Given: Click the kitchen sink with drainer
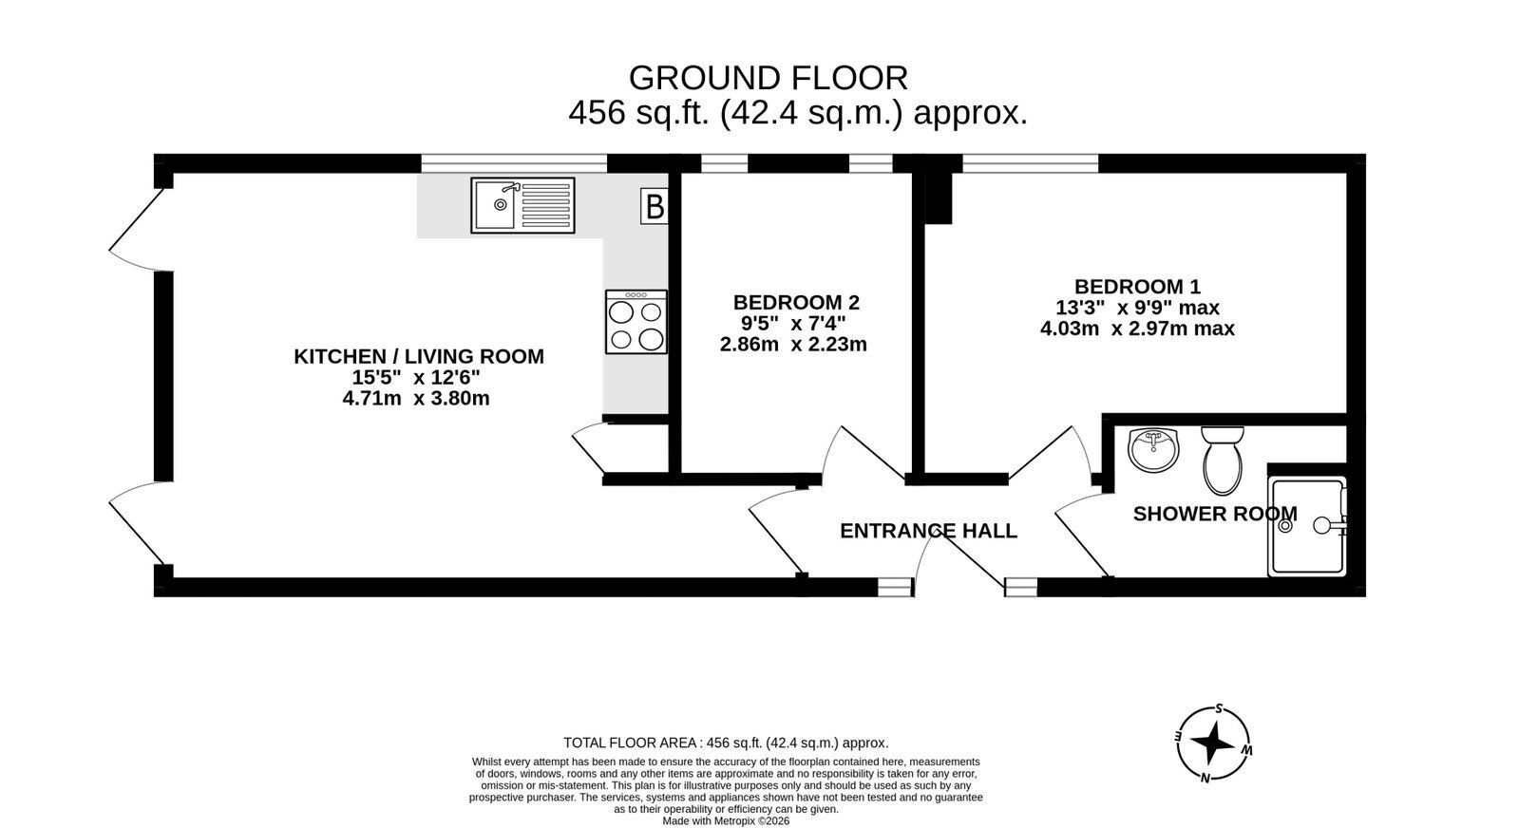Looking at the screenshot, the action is pyautogui.click(x=522, y=205).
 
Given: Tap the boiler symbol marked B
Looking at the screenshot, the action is pyautogui.click(x=655, y=206).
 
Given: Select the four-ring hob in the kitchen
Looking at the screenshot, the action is pyautogui.click(x=636, y=322).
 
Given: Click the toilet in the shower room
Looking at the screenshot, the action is pyautogui.click(x=1223, y=461).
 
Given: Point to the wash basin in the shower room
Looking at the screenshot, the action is pyautogui.click(x=1154, y=449).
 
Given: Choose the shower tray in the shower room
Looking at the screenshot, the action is pyautogui.click(x=1307, y=526).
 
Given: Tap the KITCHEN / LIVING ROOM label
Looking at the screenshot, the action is pyautogui.click(x=418, y=356).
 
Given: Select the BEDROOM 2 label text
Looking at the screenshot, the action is pyautogui.click(x=796, y=302).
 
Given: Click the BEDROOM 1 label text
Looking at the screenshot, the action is pyautogui.click(x=1137, y=287).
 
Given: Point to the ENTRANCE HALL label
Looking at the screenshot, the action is pyautogui.click(x=928, y=531).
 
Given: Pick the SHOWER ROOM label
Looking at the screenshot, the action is pyautogui.click(x=1215, y=514).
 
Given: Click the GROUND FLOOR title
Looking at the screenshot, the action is pyautogui.click(x=769, y=78).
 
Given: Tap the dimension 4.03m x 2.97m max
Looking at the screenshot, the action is pyautogui.click(x=1137, y=329).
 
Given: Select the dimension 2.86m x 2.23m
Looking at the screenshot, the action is pyautogui.click(x=793, y=345).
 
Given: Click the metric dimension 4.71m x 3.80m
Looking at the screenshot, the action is pyautogui.click(x=416, y=398).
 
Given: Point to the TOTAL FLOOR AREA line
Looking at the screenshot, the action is pyautogui.click(x=726, y=743).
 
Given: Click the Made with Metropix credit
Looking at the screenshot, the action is pyautogui.click(x=726, y=821).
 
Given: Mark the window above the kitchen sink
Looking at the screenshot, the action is pyautogui.click(x=514, y=163).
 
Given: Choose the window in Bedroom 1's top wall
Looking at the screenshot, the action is pyautogui.click(x=1030, y=163).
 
